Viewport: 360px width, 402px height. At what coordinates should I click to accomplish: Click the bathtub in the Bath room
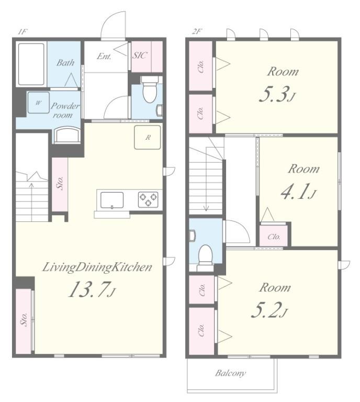coord(31,64)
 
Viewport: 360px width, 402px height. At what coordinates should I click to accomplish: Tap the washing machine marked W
coord(38,103)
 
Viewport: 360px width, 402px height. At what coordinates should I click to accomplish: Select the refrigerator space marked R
coord(148,138)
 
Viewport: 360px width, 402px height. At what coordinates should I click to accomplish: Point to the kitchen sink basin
coord(112,200)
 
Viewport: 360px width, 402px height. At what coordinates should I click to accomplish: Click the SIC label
coord(140,55)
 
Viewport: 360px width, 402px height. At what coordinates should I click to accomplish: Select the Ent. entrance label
coord(104,56)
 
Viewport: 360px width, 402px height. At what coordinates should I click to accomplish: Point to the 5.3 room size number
coord(277,94)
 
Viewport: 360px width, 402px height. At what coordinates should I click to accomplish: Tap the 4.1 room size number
coord(298,192)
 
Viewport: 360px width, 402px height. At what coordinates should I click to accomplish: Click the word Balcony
coord(230,373)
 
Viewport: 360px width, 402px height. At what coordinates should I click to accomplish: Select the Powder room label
coord(65,110)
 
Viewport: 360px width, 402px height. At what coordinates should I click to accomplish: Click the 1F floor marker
coord(22,32)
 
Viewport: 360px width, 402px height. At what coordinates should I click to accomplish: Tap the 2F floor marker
coord(197,32)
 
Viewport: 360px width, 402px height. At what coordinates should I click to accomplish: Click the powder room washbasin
coord(67,134)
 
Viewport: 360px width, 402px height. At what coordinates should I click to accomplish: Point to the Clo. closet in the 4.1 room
coord(273,236)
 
